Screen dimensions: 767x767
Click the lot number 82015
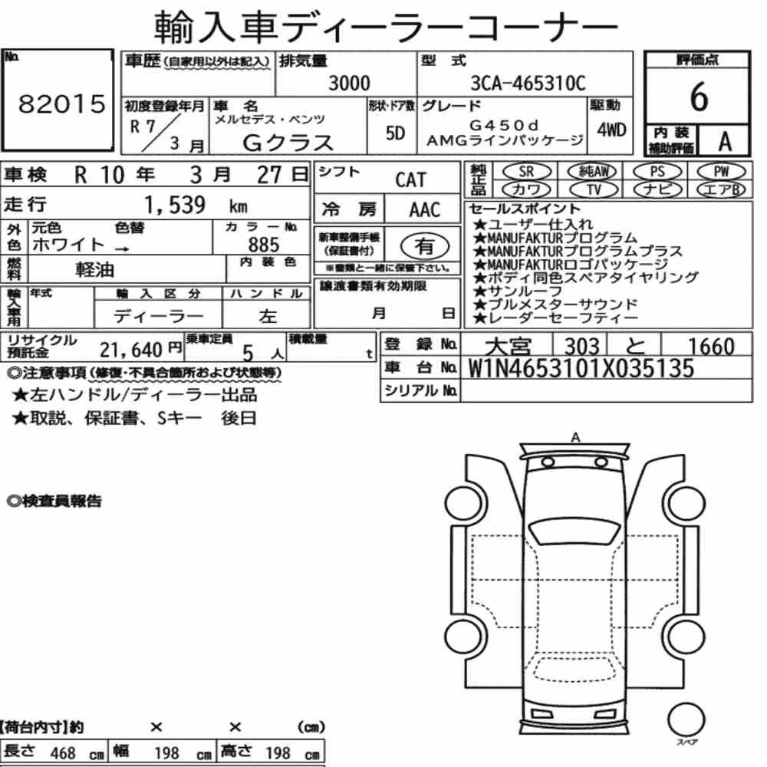(x=61, y=104)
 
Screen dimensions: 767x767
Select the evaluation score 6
(x=699, y=97)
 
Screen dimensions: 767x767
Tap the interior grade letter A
(x=725, y=141)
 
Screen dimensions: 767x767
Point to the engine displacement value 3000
(x=349, y=83)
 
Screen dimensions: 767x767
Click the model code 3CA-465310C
(x=528, y=83)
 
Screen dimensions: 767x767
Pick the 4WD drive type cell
(x=611, y=130)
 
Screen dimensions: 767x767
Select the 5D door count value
(x=395, y=133)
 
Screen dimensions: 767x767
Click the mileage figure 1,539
(x=174, y=205)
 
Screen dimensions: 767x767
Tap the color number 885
(x=264, y=244)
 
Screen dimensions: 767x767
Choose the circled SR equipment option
(x=526, y=171)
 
